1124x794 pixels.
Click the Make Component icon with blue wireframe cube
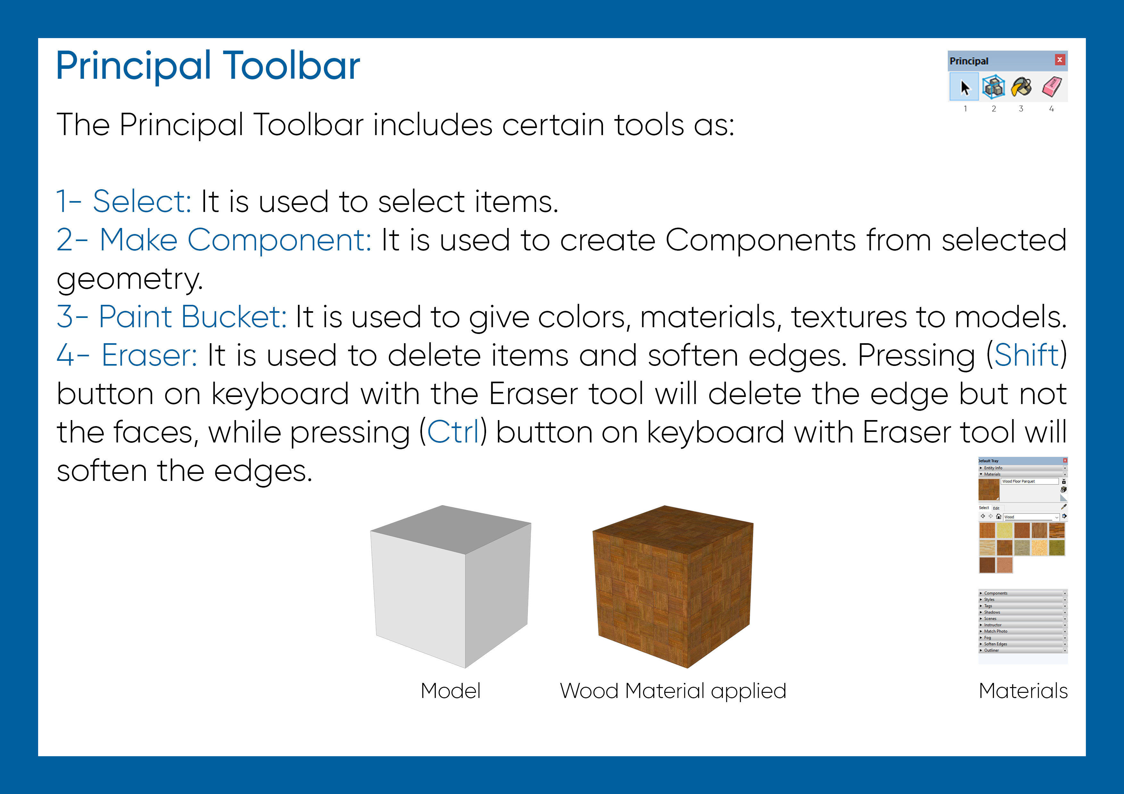pyautogui.click(x=993, y=87)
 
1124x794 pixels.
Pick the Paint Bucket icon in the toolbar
pyautogui.click(x=1022, y=87)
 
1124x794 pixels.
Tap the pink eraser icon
pyautogui.click(x=1052, y=87)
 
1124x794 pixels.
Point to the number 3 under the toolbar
pyautogui.click(x=1021, y=109)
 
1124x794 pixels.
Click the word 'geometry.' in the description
pyautogui.click(x=130, y=280)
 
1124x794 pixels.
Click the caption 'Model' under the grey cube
pyautogui.click(x=450, y=691)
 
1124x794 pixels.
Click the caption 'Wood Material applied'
pyautogui.click(x=673, y=691)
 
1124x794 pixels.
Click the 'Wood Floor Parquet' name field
pyautogui.click(x=1029, y=482)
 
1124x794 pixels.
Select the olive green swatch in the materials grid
pyautogui.click(x=1057, y=548)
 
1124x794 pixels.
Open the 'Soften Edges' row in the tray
pyautogui.click(x=996, y=644)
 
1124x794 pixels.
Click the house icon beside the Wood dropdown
pyautogui.click(x=999, y=516)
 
